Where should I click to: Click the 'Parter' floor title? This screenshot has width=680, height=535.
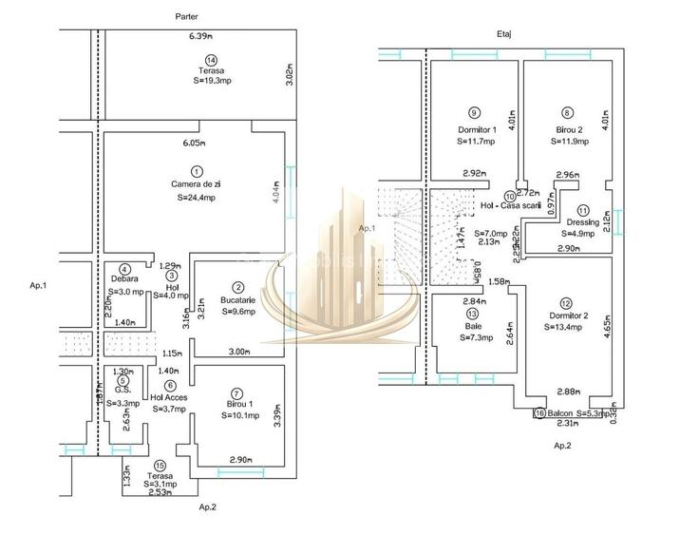187,17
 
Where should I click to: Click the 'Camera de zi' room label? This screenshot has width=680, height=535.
197,183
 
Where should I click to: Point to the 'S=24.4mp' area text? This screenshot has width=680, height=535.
197,198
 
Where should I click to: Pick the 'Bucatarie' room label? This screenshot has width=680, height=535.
239,299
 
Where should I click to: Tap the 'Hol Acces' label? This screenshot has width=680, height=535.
169,397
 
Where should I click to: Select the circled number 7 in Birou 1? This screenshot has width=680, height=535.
236,391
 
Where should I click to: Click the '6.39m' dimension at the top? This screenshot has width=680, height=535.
201,36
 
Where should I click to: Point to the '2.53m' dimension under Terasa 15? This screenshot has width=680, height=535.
159,492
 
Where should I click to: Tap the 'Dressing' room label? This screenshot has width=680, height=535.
582,222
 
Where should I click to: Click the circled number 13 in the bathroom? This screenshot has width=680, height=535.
473,313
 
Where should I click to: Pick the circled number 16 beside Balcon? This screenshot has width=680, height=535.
539,413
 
